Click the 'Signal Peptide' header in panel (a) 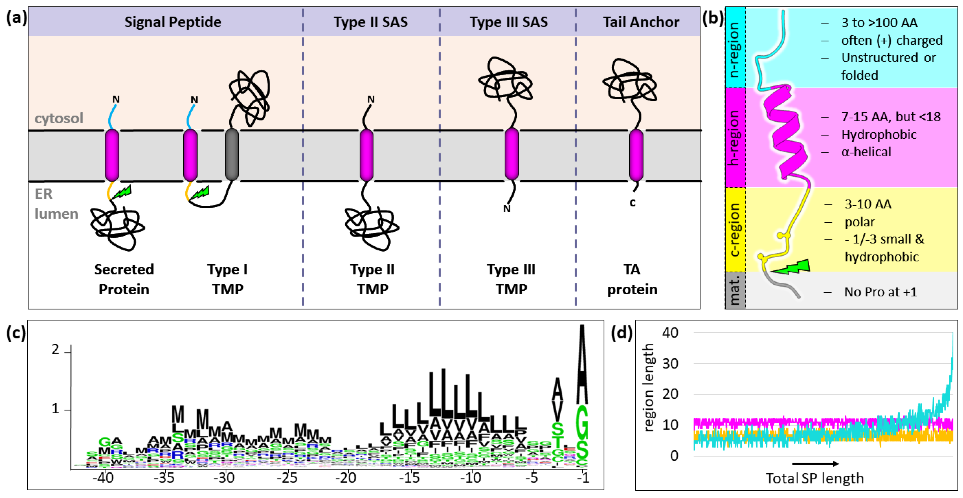coord(173,22)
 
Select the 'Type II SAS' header coord(370,22)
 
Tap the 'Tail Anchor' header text coord(641,22)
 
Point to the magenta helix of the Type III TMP coord(511,154)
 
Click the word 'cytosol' coord(59,119)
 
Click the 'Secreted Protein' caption coord(124,279)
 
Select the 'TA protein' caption coord(632,279)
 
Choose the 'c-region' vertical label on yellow coord(735,230)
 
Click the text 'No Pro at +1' coord(880,292)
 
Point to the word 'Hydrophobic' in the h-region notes coord(879,135)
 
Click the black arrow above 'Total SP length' coord(815,463)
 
